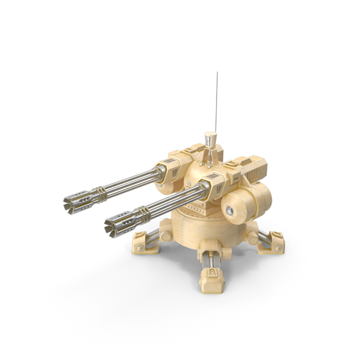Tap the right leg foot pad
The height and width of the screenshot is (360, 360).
point(271,242)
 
